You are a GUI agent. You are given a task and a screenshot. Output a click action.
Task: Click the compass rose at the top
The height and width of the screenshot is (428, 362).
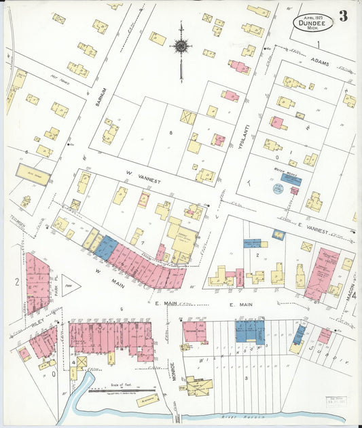point(181,46)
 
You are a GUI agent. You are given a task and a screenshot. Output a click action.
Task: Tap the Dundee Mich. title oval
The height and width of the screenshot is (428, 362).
point(313,22)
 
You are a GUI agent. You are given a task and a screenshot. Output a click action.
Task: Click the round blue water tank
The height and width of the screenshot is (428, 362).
point(278,189)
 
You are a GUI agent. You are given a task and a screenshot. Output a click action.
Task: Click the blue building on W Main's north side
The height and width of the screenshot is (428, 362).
point(106,246)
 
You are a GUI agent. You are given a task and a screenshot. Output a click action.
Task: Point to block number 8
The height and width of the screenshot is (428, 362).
point(171,132)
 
